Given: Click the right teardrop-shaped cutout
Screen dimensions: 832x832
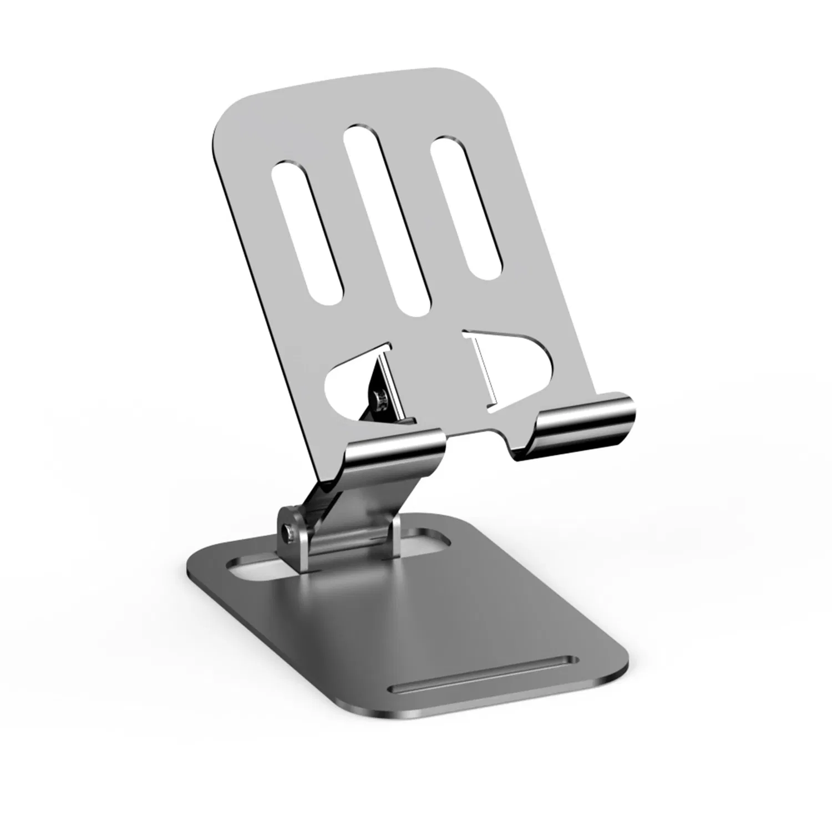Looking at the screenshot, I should click(x=521, y=366).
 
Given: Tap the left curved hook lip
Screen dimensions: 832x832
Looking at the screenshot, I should click(x=397, y=455).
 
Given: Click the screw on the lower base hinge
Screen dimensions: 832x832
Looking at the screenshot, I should click(x=287, y=533).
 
